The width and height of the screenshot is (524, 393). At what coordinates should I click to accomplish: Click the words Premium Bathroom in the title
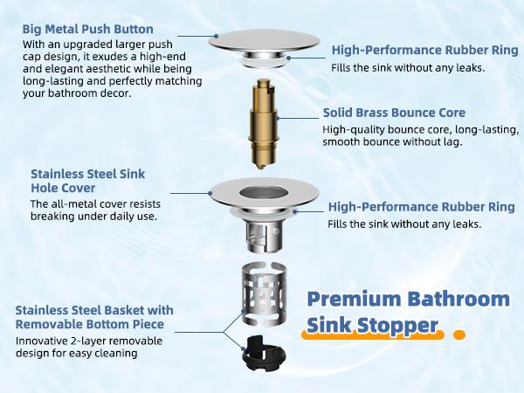click(408, 299)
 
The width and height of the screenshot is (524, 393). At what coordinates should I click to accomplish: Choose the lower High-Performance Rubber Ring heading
click(420, 207)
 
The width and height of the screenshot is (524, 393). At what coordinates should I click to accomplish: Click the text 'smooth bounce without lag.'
click(392, 141)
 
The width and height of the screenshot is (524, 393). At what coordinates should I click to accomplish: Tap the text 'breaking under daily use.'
click(93, 217)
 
